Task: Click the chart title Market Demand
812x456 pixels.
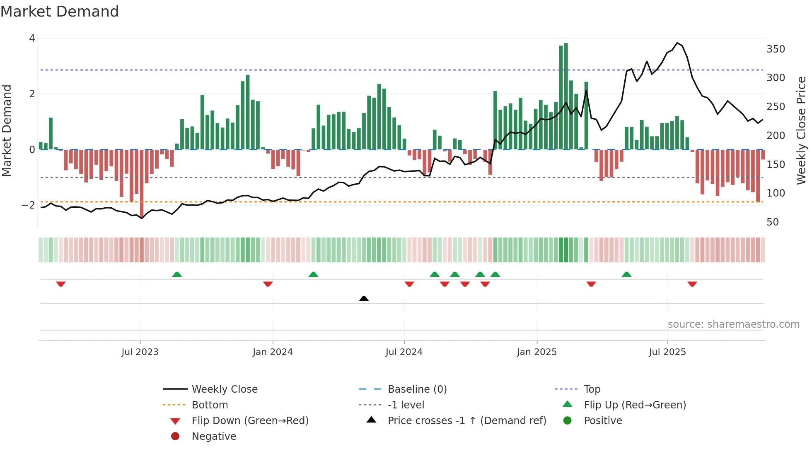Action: [x=60, y=11]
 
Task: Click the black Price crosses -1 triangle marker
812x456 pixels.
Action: [x=364, y=298]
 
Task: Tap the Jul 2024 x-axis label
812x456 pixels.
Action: [x=404, y=352]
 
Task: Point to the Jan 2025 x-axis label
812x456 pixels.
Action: [x=537, y=352]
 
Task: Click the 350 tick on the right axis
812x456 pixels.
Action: [x=776, y=49]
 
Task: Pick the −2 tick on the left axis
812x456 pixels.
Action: [x=28, y=205]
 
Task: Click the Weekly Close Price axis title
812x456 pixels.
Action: [x=801, y=130]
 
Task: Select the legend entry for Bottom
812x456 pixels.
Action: [x=210, y=405]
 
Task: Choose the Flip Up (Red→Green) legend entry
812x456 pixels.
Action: [x=635, y=405]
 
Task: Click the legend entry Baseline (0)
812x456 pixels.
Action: [x=417, y=389]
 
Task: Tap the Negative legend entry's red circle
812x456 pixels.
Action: [x=175, y=437]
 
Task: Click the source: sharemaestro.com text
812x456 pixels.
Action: [x=733, y=324]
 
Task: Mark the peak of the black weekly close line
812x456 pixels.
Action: [x=677, y=43]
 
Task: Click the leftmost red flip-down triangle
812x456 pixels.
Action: [x=61, y=284]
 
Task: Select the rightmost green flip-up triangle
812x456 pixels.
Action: [x=626, y=274]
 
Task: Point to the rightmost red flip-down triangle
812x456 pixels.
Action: [x=692, y=284]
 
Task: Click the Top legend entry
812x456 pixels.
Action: [x=592, y=389]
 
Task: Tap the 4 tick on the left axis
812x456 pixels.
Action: [x=32, y=38]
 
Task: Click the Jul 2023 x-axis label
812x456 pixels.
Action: [x=140, y=352]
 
